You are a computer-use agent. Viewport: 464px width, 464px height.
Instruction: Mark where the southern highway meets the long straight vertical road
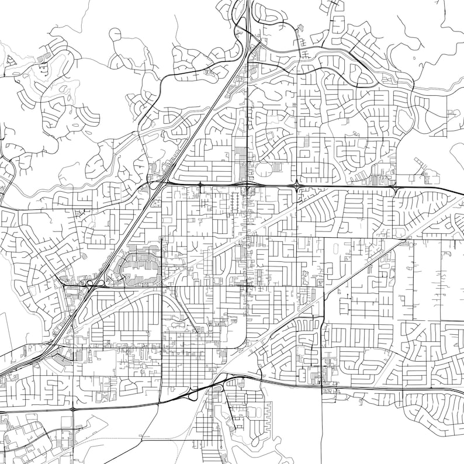[322, 386]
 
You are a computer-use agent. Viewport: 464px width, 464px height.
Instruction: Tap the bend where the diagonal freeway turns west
[50, 351]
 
